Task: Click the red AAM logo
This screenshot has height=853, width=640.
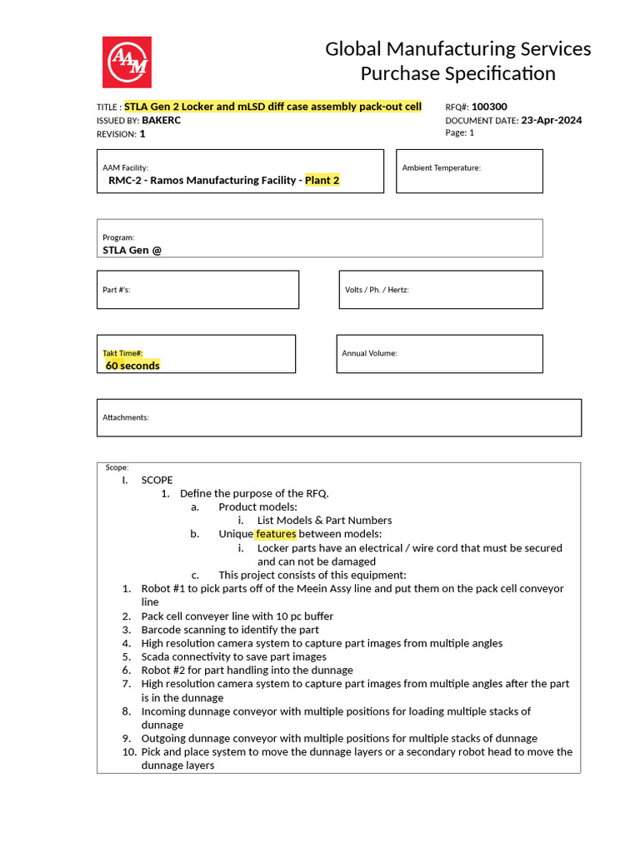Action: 127,62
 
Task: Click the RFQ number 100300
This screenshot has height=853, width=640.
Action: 489,107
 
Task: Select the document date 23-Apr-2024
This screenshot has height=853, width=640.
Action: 551,120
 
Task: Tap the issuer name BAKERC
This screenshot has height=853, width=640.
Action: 161,120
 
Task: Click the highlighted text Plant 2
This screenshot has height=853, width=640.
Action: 322,180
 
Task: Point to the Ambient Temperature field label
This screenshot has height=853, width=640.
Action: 441,167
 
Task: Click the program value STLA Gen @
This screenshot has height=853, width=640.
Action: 132,249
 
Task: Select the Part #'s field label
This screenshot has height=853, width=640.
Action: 116,290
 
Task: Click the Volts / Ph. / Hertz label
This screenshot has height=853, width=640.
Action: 377,290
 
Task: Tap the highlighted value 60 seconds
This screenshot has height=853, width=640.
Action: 132,366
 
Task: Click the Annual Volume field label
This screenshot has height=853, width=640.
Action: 369,353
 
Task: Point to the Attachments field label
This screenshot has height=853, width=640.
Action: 125,417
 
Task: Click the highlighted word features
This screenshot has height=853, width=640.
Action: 275,534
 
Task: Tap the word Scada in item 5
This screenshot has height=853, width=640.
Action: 157,656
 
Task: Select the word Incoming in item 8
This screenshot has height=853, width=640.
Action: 166,711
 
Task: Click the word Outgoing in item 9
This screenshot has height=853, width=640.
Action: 167,738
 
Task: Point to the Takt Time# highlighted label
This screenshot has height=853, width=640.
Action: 122,353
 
